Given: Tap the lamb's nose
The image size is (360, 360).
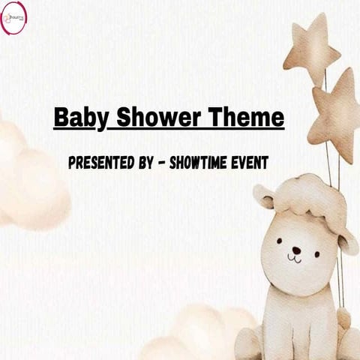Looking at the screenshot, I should [x=296, y=250].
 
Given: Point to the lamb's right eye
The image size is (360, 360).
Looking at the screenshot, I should [x=316, y=243].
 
